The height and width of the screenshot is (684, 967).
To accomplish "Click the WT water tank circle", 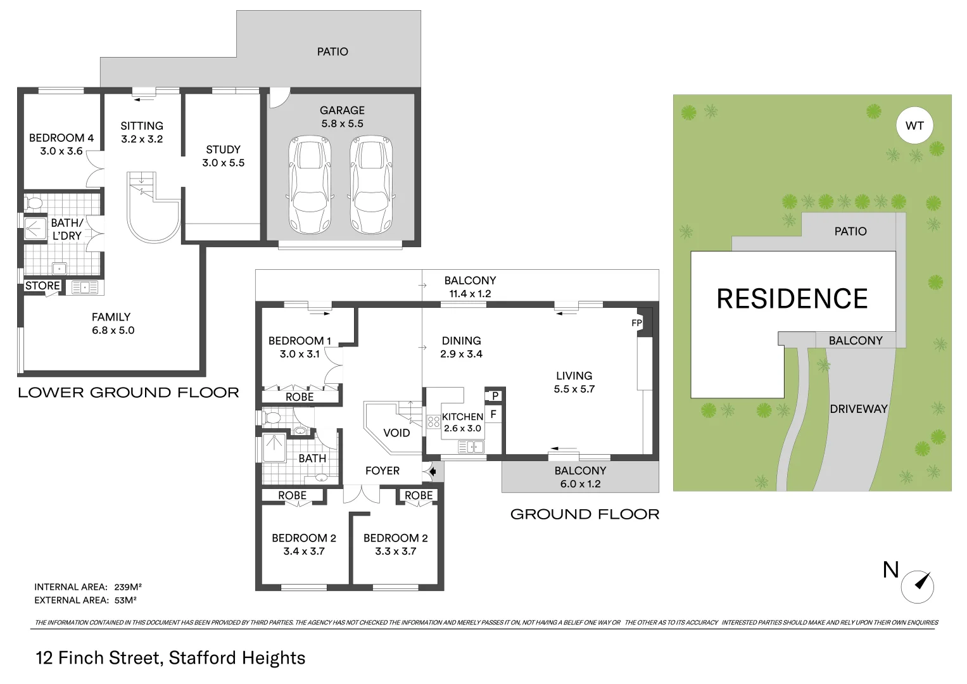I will [x=914, y=125].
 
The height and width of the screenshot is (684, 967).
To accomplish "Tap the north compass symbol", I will [x=918, y=586].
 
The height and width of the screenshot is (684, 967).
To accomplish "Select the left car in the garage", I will [x=310, y=184].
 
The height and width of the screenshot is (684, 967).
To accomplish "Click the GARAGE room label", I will [x=342, y=110].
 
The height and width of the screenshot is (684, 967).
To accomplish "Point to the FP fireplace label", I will [x=636, y=323].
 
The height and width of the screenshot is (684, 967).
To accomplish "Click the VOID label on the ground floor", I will [x=396, y=433].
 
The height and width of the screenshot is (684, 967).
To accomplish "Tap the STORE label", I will [x=42, y=286].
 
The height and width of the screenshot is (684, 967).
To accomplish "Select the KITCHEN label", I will [x=462, y=417].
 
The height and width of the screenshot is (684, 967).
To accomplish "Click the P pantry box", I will [x=495, y=396].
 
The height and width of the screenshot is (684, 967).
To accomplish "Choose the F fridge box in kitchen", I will [x=493, y=415].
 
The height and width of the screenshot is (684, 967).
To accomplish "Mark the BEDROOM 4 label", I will [x=61, y=137].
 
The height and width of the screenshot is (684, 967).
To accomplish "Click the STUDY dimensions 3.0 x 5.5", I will [x=223, y=163].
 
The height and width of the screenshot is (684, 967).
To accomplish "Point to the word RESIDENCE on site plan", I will [x=792, y=299].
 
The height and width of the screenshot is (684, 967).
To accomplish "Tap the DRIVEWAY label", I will [x=858, y=409].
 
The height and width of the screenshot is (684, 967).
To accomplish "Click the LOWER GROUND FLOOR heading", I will [x=129, y=393].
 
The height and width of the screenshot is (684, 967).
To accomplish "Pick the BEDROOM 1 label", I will [x=300, y=341].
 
